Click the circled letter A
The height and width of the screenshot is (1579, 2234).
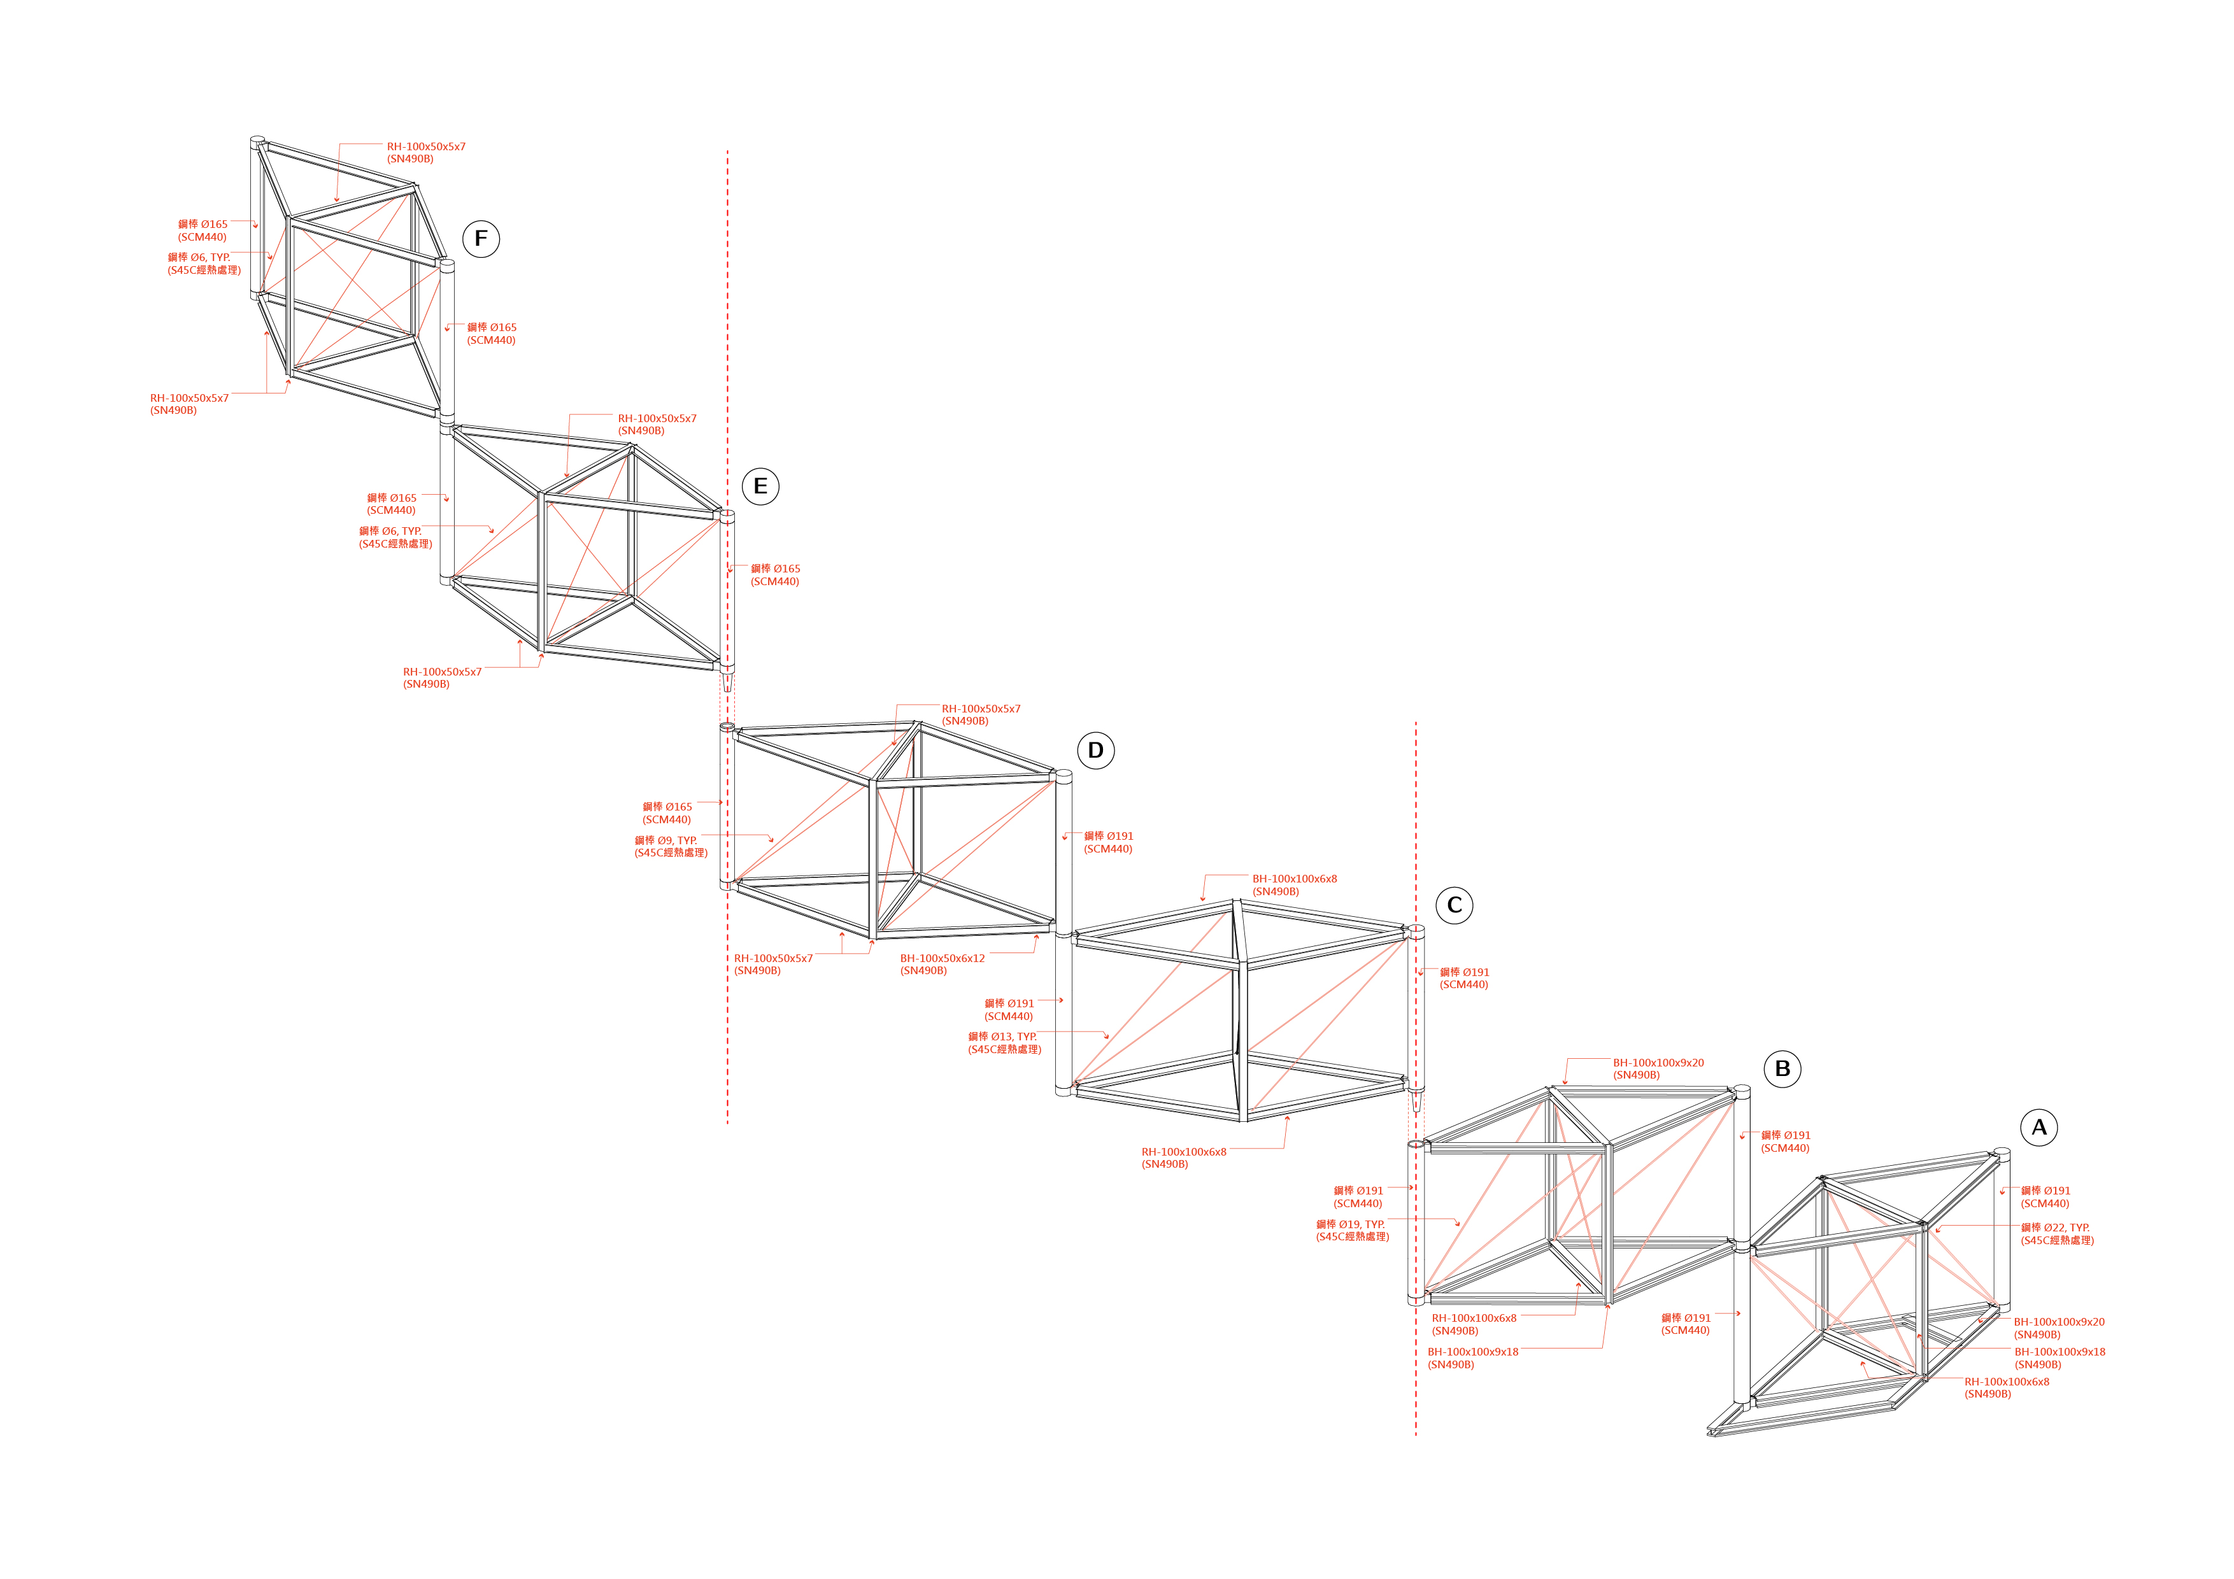tap(2038, 1128)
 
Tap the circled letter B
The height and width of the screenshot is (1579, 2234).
tap(1782, 1068)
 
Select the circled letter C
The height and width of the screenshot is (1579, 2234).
tap(1455, 905)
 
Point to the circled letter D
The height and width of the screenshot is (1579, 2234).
tap(1095, 750)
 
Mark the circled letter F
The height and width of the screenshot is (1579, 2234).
tap(481, 238)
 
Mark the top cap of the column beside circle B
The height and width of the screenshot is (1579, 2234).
tap(1742, 1091)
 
